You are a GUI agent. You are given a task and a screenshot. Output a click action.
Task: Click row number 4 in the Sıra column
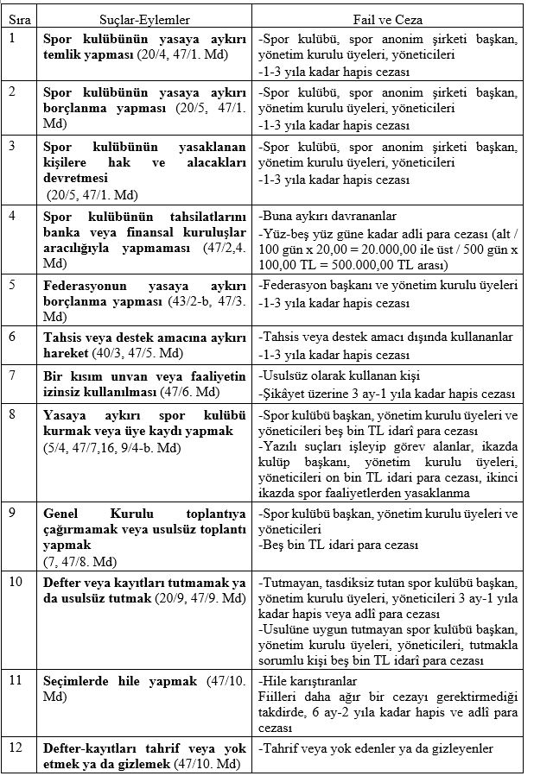pos(12,217)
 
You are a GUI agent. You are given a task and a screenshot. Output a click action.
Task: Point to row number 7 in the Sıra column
pos(12,375)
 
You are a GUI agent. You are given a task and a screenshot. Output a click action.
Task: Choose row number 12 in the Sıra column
pos(15,747)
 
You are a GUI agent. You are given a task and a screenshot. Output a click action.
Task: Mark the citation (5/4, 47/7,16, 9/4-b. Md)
pos(113,447)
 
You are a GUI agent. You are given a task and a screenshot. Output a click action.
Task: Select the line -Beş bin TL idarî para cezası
pos(339,545)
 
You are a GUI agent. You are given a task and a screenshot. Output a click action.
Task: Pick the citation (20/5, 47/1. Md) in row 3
pos(91,194)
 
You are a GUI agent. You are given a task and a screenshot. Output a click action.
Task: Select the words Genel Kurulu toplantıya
pos(144,514)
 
